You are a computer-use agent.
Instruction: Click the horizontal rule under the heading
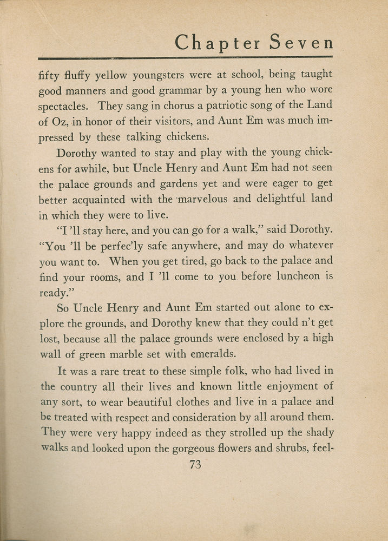coord(186,57)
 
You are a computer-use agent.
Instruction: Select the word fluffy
coord(75,75)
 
